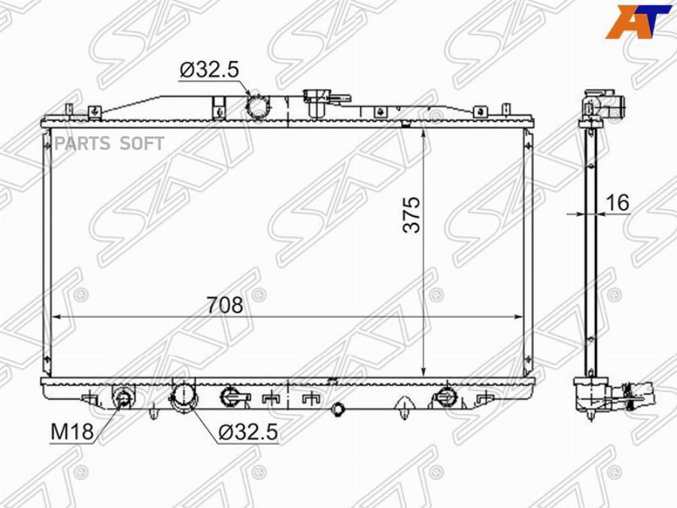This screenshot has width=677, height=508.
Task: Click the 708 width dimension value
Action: click(224, 305)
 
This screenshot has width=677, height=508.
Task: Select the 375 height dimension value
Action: click(411, 214)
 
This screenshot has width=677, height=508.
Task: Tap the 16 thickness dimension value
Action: click(618, 202)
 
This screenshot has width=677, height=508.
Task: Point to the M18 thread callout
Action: click(71, 431)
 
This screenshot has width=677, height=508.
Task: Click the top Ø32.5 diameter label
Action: click(209, 69)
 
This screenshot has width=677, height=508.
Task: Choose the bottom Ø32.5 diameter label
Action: click(247, 432)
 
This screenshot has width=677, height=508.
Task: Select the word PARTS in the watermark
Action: click(80, 144)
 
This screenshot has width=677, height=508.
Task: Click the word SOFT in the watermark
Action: click(141, 144)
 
